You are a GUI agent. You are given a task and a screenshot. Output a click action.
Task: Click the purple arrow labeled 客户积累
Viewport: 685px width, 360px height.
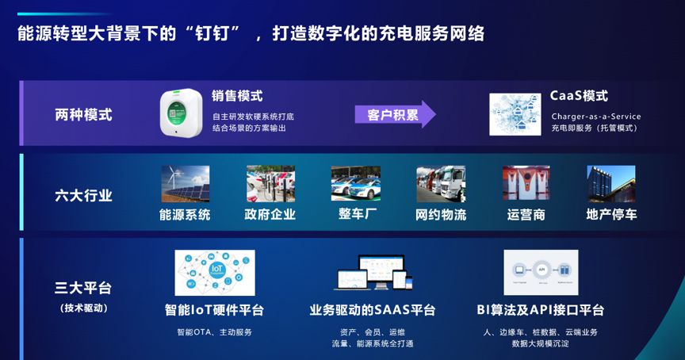click(x=394, y=114)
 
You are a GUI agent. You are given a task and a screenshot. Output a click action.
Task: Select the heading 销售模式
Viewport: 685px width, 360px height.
click(x=237, y=96)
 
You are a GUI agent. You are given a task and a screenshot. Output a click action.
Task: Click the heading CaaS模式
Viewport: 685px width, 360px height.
click(x=579, y=96)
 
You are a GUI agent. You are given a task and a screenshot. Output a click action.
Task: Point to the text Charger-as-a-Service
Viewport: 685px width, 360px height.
click(x=596, y=117)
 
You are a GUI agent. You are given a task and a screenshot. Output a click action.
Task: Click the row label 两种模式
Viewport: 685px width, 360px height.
click(x=83, y=114)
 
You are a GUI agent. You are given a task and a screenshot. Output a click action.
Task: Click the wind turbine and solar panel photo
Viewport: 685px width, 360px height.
click(x=186, y=184)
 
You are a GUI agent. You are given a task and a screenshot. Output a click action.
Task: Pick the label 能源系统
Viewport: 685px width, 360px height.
click(x=185, y=214)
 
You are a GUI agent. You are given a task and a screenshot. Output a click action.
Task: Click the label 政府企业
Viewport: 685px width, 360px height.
click(x=270, y=214)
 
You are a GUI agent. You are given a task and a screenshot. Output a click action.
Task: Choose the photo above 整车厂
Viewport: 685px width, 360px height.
click(x=355, y=184)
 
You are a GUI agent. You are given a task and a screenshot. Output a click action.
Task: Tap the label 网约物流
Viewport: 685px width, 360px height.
click(x=441, y=214)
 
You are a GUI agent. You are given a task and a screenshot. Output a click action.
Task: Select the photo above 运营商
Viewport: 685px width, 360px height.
click(x=526, y=184)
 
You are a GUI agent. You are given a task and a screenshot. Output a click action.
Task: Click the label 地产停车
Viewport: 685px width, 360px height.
click(x=611, y=214)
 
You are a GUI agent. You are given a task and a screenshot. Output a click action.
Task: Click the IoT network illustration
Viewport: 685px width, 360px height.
click(x=215, y=273)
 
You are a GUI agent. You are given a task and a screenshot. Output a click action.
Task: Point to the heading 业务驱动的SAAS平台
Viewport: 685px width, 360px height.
click(x=372, y=310)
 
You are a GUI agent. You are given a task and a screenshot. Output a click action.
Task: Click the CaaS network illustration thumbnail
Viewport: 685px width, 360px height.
click(x=515, y=114)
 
